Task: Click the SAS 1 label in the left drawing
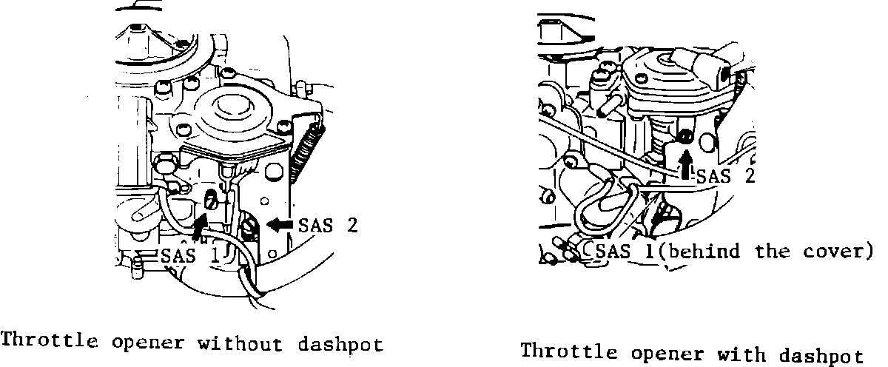(190, 256)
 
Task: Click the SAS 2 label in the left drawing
(328, 225)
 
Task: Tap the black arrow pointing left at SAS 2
(282, 224)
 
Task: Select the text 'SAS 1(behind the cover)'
(733, 252)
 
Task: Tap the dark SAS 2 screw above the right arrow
(686, 136)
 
